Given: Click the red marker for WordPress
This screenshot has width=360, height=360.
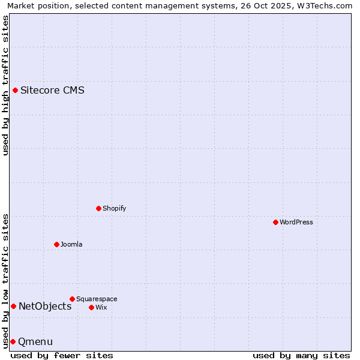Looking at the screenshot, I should click(275, 222).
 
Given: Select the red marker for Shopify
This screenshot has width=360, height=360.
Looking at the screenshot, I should click(98, 208).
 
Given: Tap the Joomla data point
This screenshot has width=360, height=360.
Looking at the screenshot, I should click(56, 244).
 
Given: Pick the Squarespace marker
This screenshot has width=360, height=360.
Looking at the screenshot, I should click(72, 299).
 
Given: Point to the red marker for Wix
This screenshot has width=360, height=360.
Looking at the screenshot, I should click(91, 307).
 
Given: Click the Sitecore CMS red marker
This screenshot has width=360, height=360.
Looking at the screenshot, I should click(15, 91).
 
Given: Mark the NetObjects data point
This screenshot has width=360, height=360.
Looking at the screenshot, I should click(13, 306).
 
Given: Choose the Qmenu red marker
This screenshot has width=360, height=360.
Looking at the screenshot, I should click(13, 341).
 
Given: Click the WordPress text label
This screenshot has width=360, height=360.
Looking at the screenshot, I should click(296, 222).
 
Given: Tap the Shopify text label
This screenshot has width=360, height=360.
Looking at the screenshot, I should click(114, 208).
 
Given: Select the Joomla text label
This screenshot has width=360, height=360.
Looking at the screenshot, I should click(71, 244).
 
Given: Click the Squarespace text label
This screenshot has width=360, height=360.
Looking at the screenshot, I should click(97, 299).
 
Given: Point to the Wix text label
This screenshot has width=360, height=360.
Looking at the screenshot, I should click(101, 307).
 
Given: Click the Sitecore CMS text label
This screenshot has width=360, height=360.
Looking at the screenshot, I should click(52, 91).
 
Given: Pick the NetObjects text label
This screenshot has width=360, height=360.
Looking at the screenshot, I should click(45, 306).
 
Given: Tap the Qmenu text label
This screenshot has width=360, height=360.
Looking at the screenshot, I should click(35, 341).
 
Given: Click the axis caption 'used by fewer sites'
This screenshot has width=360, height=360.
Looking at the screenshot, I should click(62, 355).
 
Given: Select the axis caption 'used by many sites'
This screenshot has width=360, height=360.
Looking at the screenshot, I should click(301, 355).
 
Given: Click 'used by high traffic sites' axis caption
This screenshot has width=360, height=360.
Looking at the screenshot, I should click(5, 85).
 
